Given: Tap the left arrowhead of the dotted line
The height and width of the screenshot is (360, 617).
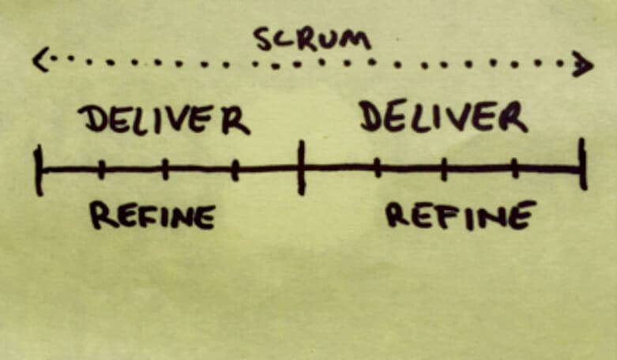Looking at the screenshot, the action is click(x=40, y=60).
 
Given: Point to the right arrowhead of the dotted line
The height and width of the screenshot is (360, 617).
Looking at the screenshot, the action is click(x=583, y=64).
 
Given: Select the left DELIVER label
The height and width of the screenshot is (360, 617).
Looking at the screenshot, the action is click(x=164, y=120).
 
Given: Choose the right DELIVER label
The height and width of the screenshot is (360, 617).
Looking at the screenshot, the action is click(x=443, y=116).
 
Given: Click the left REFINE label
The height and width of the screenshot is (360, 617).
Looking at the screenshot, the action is click(x=152, y=215).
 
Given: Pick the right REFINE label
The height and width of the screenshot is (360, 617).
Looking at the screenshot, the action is click(x=461, y=215).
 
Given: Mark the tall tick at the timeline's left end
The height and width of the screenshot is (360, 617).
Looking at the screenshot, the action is click(x=39, y=171).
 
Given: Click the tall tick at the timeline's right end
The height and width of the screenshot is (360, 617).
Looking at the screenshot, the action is click(x=583, y=164).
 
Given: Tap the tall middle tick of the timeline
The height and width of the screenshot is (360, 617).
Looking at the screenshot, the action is click(x=302, y=167).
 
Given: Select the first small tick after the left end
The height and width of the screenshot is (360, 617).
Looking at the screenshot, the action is click(x=101, y=170).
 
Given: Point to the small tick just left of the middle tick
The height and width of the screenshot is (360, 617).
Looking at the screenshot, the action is click(x=235, y=171).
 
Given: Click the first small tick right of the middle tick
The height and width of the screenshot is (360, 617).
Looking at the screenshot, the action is click(x=378, y=168).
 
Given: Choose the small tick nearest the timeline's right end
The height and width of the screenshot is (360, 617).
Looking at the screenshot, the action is click(x=514, y=168).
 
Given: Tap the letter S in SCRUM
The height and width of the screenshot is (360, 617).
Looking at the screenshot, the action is click(x=265, y=39).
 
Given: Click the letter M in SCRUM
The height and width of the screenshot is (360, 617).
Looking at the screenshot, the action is click(x=357, y=40).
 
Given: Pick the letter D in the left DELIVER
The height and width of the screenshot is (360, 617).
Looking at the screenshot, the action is click(x=92, y=118).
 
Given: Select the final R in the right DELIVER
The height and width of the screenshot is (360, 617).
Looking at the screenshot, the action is click(x=514, y=117).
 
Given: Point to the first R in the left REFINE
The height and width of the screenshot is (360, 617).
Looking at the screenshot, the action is click(x=103, y=215).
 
